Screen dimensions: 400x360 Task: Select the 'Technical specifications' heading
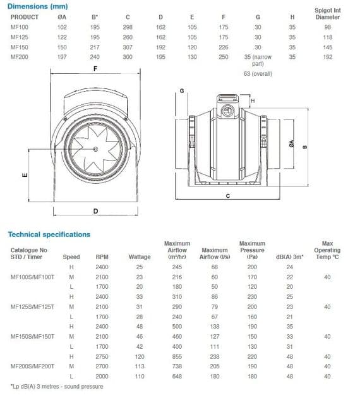pyautogui.click(x=49, y=234)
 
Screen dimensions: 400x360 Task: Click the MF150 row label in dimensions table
pyautogui.click(x=19, y=47)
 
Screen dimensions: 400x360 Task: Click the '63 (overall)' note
pyautogui.click(x=257, y=74)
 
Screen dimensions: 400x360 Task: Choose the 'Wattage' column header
pyautogui.click(x=140, y=257)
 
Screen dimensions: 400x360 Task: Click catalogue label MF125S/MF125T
pyautogui.click(x=32, y=307)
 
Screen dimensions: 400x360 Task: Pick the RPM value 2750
pyautogui.click(x=102, y=356)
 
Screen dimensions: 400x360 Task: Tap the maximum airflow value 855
pyautogui.click(x=177, y=356)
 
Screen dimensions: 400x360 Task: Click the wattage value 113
pyautogui.click(x=140, y=366)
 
